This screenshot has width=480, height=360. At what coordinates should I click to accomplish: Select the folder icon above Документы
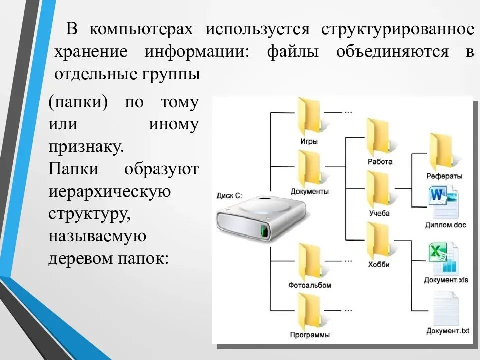309,168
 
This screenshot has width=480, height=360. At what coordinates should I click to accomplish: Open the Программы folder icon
309,311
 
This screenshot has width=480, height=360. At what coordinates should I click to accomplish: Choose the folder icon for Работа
378,137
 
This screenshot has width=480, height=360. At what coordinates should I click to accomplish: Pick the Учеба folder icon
378,189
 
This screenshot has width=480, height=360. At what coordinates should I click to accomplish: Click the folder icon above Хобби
378,241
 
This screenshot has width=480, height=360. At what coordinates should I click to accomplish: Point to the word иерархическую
110,191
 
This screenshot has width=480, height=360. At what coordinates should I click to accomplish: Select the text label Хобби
378,264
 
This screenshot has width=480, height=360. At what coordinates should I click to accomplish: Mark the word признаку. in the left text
86,147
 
